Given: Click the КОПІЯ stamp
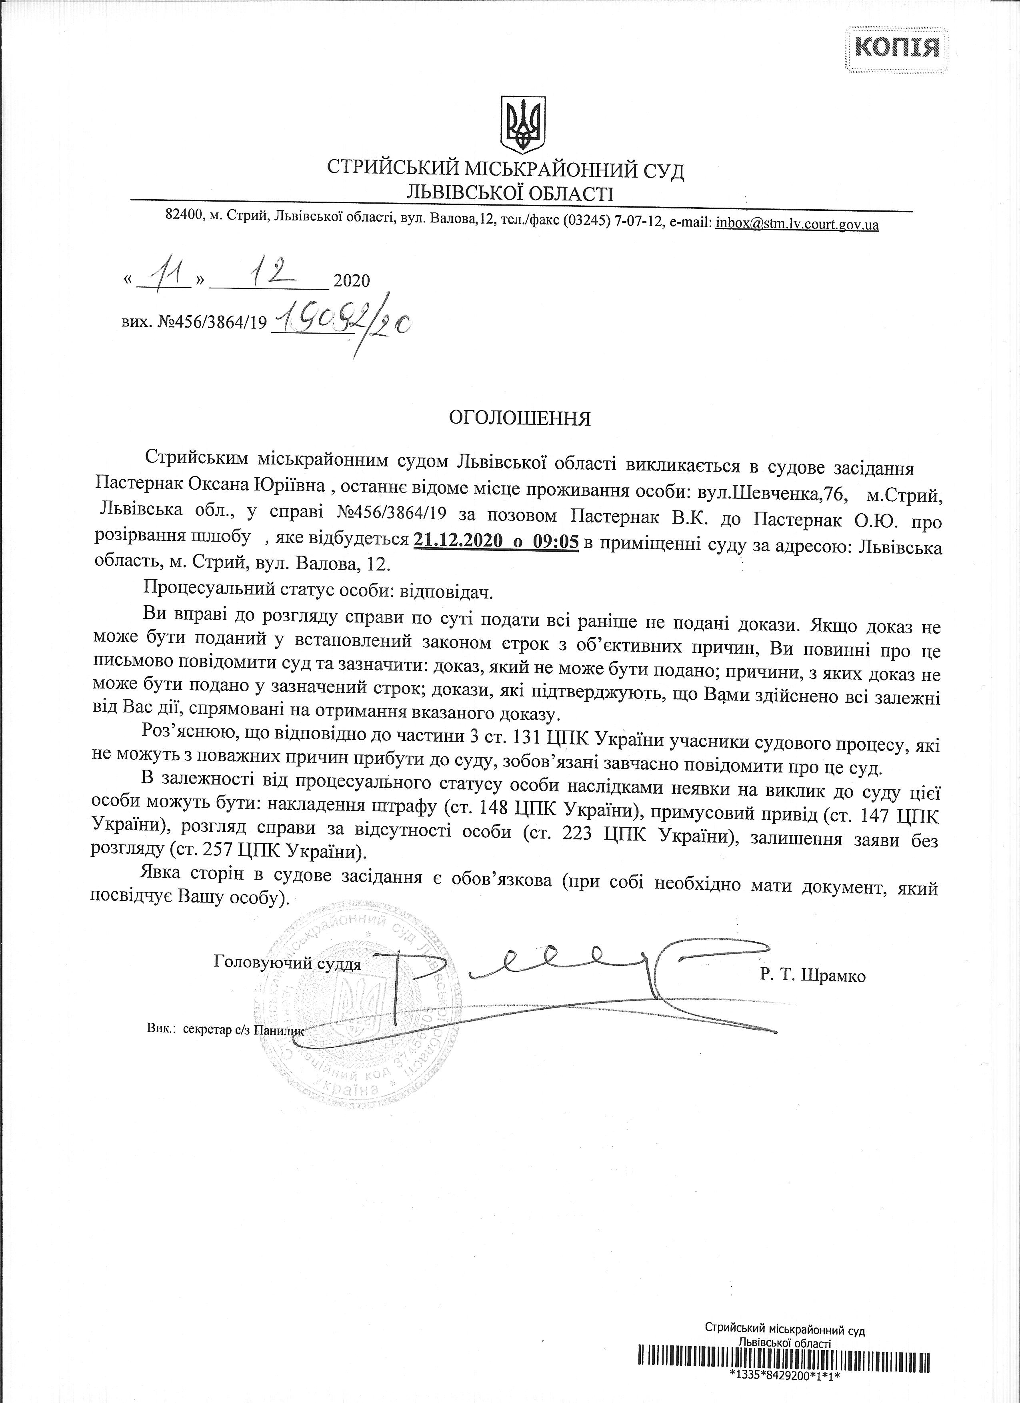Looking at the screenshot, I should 897,46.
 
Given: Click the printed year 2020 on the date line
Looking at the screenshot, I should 351,282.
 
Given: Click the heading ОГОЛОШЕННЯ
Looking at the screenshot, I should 520,419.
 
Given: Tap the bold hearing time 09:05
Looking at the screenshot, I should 554,542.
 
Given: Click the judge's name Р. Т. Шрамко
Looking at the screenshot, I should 813,976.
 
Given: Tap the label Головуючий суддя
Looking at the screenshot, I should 287,963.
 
